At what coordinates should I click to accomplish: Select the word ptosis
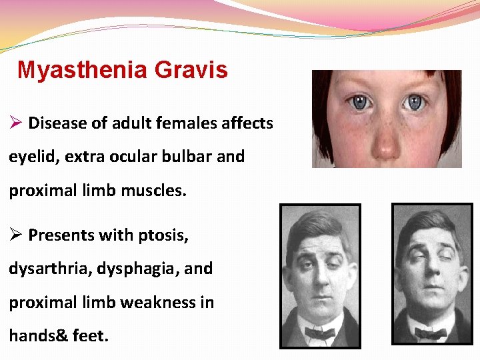pos(183,235)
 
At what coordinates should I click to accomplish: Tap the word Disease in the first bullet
pos(55,123)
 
